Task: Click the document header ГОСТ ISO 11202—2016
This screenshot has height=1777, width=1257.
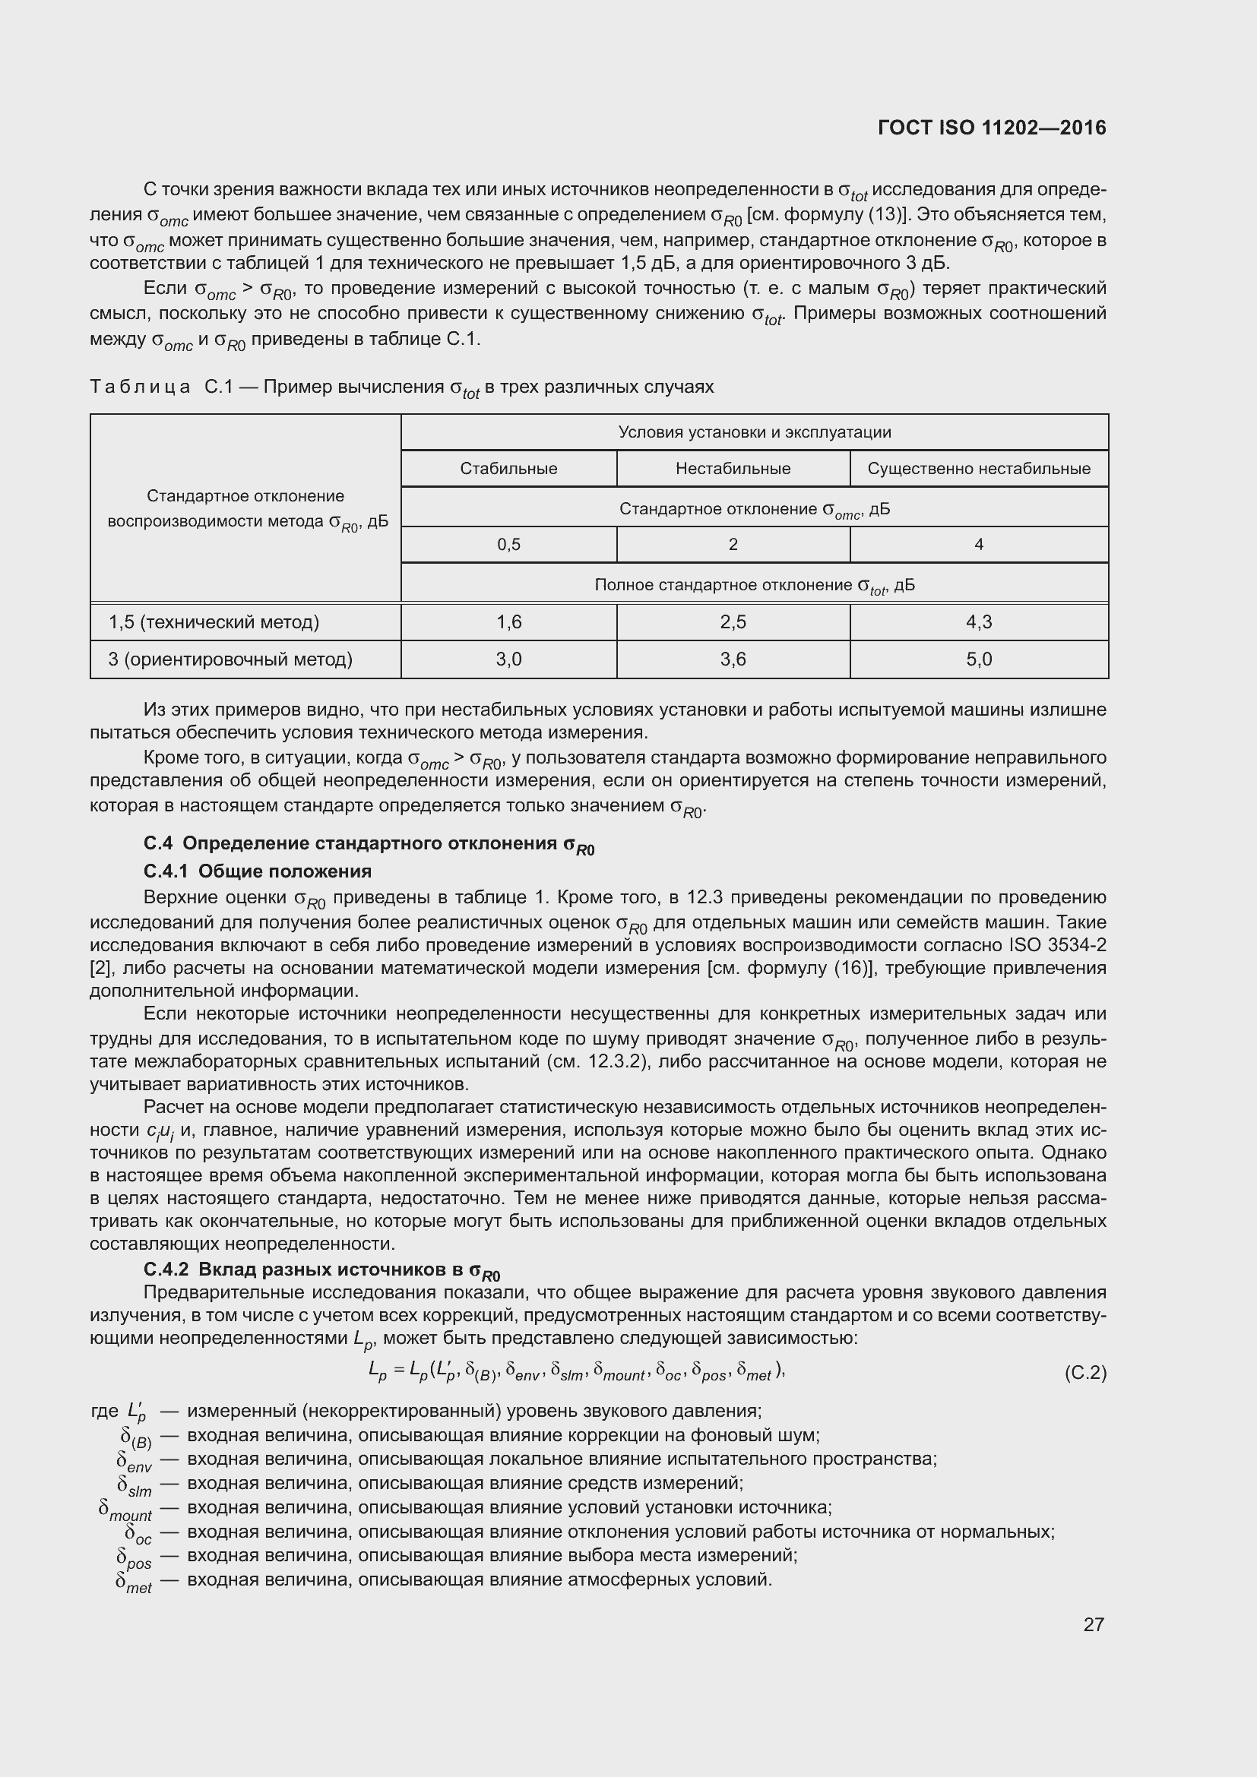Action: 992,128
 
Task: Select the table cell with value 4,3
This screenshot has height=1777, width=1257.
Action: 978,622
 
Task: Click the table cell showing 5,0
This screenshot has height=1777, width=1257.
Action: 978,659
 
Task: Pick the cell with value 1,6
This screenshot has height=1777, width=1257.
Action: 508,622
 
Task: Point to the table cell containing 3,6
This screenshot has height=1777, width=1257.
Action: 732,659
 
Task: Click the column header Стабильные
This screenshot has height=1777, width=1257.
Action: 508,468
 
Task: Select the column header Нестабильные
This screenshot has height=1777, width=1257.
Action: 732,468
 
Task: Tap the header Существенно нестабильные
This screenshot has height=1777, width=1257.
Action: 978,468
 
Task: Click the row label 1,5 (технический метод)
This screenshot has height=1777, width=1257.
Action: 214,622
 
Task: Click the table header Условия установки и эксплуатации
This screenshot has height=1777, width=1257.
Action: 754,432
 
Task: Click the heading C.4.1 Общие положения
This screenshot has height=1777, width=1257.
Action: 258,871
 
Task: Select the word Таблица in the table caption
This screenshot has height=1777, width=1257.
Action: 140,387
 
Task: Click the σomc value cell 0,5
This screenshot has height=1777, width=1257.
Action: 508,545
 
